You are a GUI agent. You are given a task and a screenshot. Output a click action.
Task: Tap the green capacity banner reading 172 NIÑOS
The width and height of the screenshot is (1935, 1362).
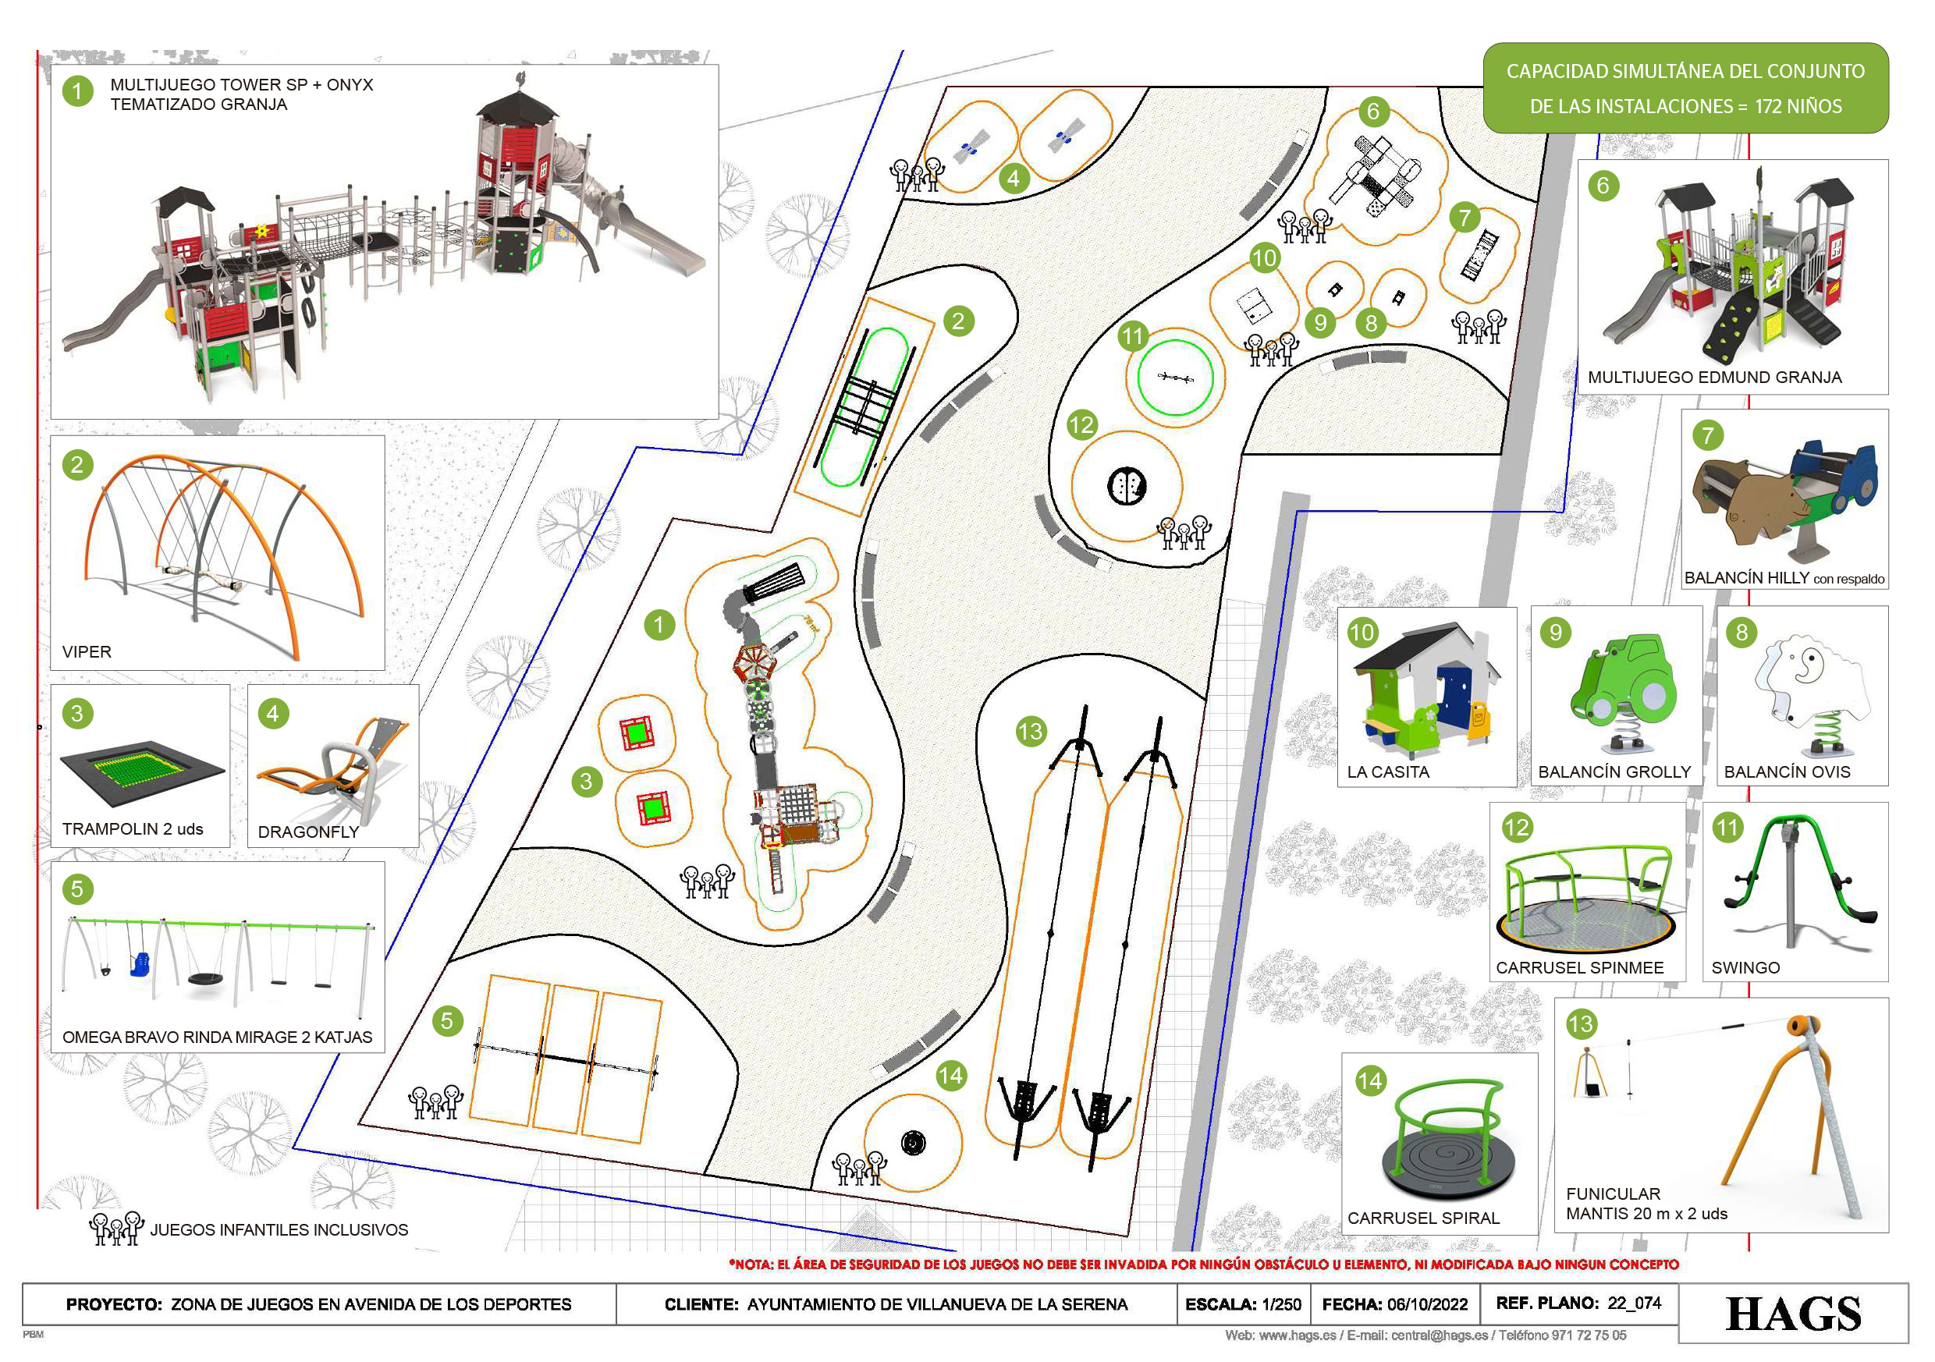[x=1685, y=88]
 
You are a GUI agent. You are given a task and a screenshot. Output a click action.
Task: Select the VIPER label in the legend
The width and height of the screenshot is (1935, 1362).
[x=86, y=651]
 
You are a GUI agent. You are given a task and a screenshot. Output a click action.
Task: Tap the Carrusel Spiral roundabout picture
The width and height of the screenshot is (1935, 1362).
[x=1447, y=1142]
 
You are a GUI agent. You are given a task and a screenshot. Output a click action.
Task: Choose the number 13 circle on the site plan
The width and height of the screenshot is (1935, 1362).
[x=1030, y=731]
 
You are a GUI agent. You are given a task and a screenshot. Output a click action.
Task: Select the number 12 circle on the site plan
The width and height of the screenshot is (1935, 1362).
[x=1081, y=425]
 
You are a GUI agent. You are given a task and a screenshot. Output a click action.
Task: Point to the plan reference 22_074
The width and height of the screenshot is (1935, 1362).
[x=1634, y=1303]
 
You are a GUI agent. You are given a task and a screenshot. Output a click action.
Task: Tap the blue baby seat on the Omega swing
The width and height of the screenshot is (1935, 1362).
[x=139, y=963]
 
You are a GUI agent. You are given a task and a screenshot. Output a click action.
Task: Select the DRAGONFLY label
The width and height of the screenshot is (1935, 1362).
[x=308, y=832]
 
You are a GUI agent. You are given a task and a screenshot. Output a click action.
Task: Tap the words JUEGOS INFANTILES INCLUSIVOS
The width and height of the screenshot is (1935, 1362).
[x=279, y=1229]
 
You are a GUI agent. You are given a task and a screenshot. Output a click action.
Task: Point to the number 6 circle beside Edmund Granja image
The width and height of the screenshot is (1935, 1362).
[x=1603, y=186]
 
